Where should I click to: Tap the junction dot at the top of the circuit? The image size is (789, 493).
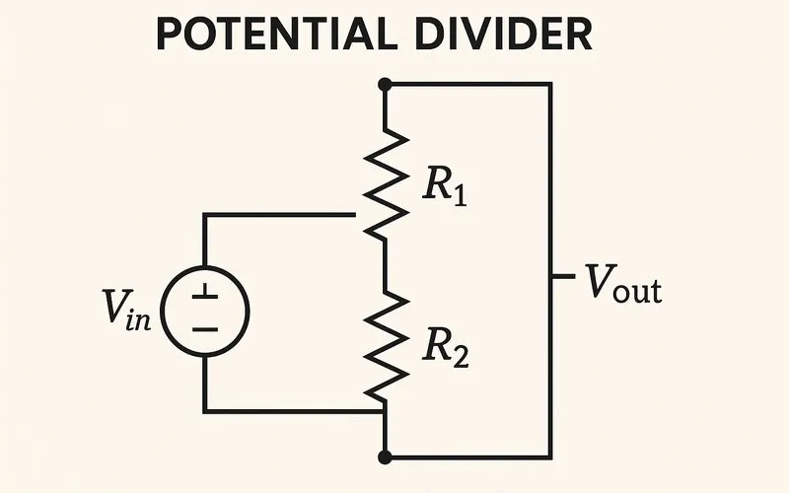click(x=385, y=85)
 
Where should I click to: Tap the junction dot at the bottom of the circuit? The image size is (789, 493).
click(x=385, y=457)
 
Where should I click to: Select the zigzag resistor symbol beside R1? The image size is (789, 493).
click(x=385, y=182)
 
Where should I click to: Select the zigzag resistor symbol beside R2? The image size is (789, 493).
click(x=385, y=345)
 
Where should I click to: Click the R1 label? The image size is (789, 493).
click(x=444, y=185)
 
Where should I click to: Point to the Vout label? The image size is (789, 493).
click(x=622, y=283)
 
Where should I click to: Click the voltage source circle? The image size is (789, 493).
click(x=204, y=312)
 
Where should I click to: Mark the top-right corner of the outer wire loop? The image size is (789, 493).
click(x=549, y=85)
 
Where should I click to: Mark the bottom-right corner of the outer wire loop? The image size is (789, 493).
click(x=549, y=457)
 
